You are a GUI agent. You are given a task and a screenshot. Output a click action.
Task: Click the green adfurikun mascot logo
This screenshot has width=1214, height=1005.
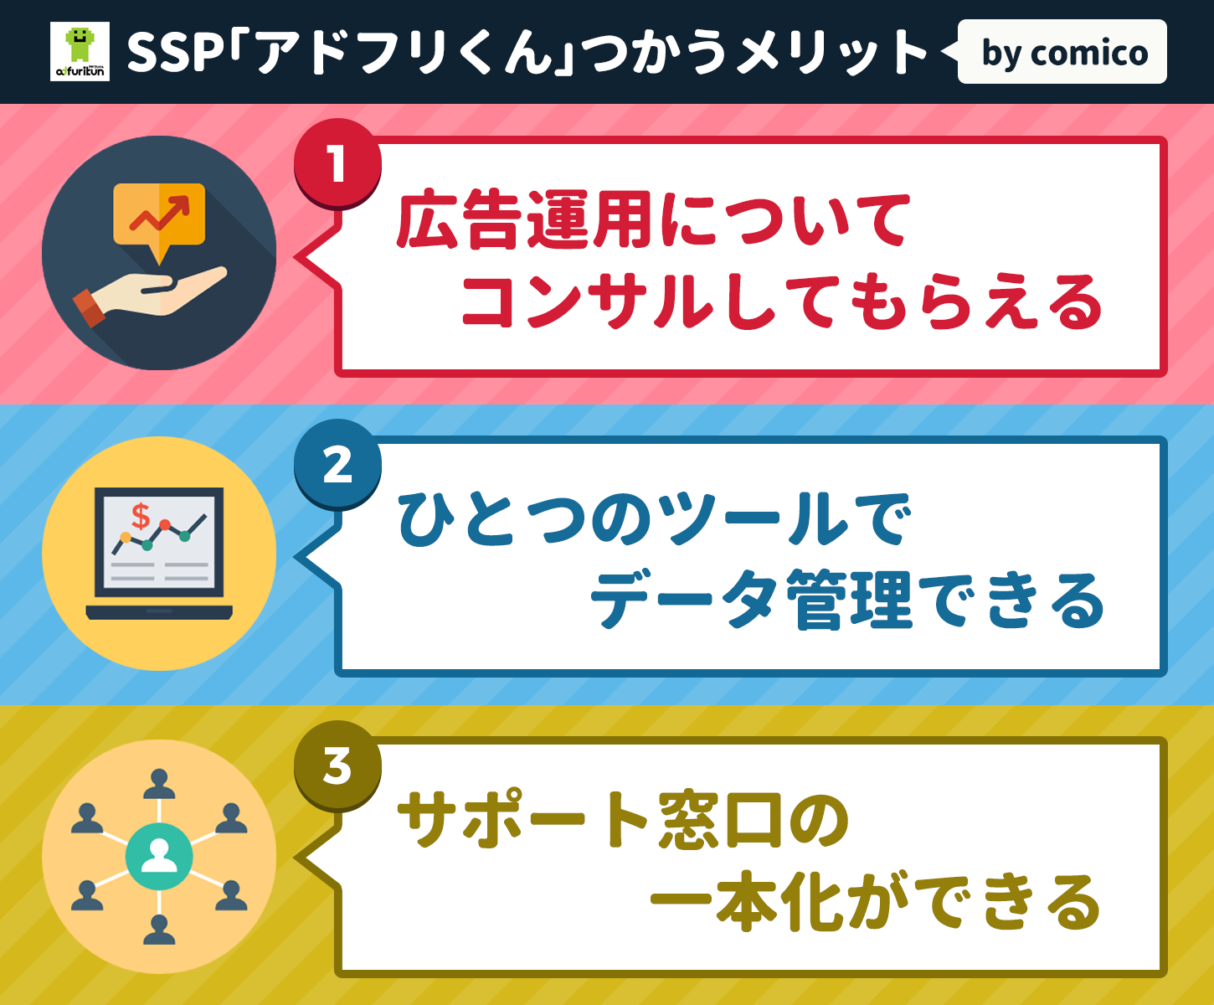[80, 51]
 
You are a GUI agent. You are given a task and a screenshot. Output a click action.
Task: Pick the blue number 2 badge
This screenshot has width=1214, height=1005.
[337, 464]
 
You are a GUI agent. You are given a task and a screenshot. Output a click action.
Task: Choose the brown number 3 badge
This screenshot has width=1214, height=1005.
[337, 765]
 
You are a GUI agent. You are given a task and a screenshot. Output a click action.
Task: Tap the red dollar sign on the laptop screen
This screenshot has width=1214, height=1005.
[141, 515]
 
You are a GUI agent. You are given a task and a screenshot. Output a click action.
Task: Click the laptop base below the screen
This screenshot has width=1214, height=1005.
[159, 612]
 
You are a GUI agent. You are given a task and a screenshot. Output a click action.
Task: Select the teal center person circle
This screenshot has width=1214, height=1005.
[159, 856]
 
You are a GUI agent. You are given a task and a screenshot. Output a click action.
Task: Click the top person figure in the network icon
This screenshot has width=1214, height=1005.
[159, 783]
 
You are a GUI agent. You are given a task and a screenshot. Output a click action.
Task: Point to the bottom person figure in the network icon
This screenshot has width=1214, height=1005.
[159, 930]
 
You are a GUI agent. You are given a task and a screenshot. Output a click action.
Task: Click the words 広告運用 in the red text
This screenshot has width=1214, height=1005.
[524, 220]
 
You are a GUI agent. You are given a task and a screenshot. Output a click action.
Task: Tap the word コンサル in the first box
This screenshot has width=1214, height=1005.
[588, 301]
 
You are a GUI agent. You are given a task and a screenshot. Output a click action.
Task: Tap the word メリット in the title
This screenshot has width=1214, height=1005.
[831, 53]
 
